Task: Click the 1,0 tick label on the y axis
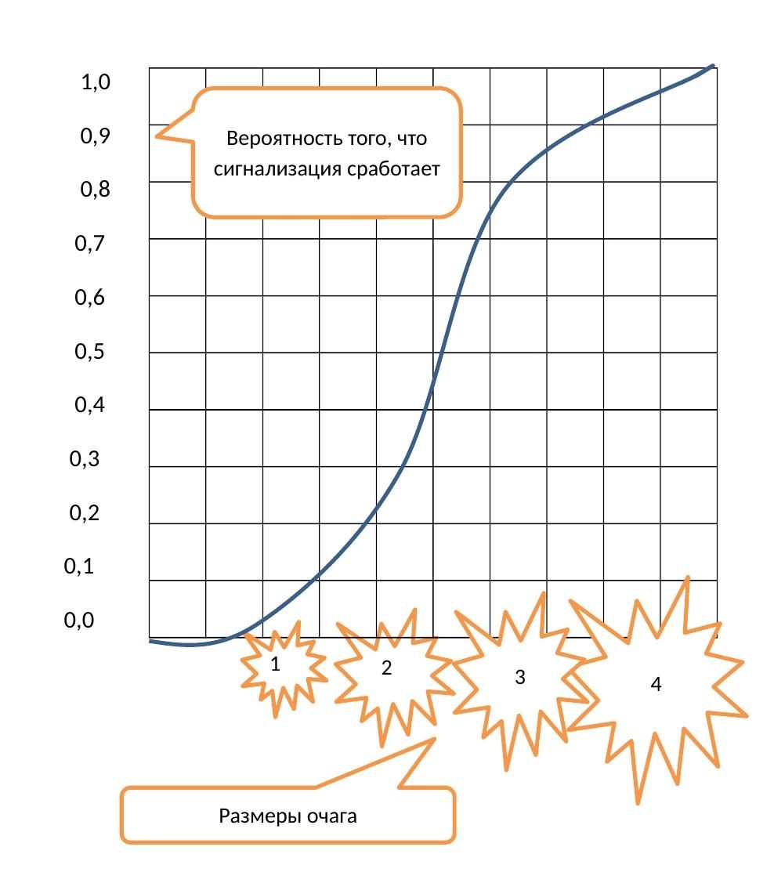96,82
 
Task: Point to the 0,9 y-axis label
96,137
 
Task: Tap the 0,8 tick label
96,190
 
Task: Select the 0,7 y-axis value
89,244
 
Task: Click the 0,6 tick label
89,299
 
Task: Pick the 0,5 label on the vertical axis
89,352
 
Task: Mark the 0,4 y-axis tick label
89,406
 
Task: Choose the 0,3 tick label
85,460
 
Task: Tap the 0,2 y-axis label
85,514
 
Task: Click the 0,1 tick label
78,566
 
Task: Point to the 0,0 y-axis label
78,621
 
